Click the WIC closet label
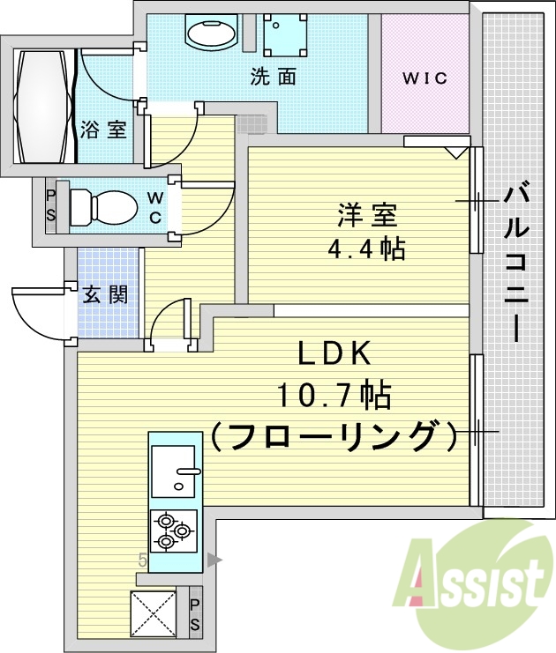coord(425,78)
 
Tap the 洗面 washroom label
coord(273,78)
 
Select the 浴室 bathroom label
coord(103,130)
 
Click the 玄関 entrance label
coord(106,294)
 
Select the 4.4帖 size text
coord(366,249)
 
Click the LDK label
coord(335,354)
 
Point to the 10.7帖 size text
coord(334,396)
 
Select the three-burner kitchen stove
coord(174,530)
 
